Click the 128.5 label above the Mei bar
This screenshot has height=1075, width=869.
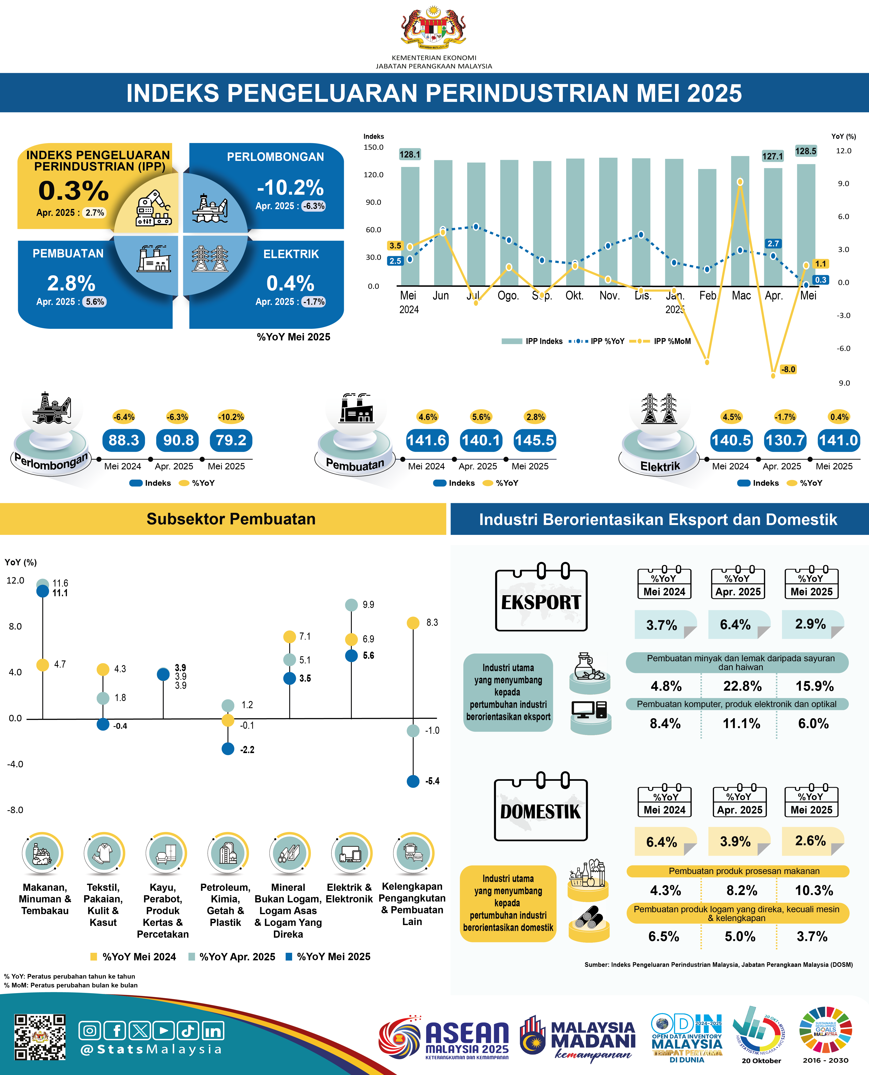pyautogui.click(x=805, y=151)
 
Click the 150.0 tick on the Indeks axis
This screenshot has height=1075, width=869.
pyautogui.click(x=373, y=147)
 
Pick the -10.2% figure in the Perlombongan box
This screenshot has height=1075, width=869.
pyautogui.click(x=290, y=188)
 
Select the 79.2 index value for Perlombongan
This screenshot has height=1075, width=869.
pyautogui.click(x=231, y=440)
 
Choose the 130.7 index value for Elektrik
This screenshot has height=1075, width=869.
pyautogui.click(x=785, y=440)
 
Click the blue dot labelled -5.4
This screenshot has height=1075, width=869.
pyautogui.click(x=413, y=781)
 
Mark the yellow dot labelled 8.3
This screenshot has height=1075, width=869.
pyautogui.click(x=413, y=623)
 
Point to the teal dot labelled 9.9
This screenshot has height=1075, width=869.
pyautogui.click(x=351, y=605)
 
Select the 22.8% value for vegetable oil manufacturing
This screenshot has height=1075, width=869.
pyautogui.click(x=742, y=686)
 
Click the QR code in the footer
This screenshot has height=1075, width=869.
pyautogui.click(x=40, y=1037)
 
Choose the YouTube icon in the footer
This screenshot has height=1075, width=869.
pyautogui.click(x=164, y=1030)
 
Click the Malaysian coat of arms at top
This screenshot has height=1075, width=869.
pyautogui.click(x=434, y=28)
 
